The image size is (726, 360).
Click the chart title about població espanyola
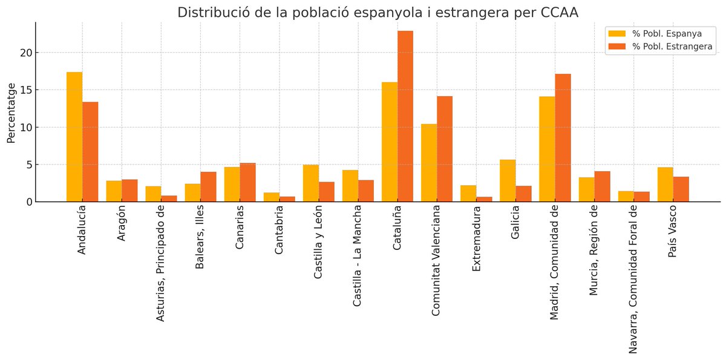coord(378,13)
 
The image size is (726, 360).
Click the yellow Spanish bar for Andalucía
coord(74,137)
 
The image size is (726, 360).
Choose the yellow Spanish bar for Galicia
coord(508,180)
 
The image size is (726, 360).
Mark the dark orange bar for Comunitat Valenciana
coord(445,149)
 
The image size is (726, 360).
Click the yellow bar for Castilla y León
coord(311,183)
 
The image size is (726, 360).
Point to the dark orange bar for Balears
coord(208,186)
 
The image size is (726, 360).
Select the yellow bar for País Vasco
coord(665,184)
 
